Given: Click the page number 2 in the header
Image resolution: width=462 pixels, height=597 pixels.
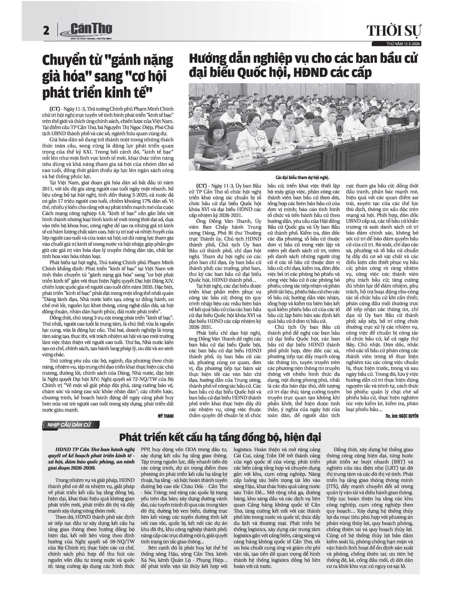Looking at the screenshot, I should coord(46,31).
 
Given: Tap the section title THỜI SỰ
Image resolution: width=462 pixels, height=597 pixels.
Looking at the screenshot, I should coord(394,31).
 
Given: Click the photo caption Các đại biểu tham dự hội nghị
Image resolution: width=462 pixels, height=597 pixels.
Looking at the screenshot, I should coord(302,178).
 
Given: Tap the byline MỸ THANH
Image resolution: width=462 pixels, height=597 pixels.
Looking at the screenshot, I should coord(166,416).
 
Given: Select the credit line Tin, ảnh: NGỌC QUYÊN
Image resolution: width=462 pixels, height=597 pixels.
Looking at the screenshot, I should coord(402,416).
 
